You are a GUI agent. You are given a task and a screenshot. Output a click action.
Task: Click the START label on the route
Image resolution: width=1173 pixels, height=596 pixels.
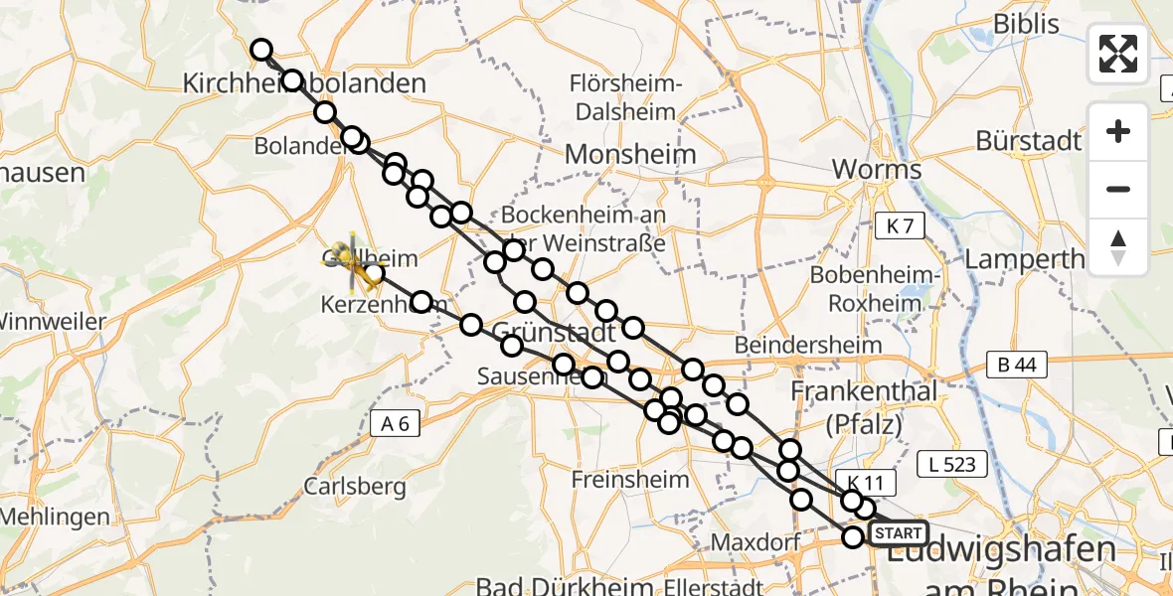coord(899,533)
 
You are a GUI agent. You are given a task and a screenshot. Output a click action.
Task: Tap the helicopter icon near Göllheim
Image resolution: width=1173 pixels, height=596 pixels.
coord(351,261)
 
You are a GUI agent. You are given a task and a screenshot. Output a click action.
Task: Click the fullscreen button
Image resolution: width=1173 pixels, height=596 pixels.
coord(1118,53)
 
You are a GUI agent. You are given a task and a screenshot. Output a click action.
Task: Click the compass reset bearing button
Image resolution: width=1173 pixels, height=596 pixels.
coord(1118,246)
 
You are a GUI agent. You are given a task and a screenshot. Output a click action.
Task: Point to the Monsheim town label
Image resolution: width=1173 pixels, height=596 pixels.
coord(630,154)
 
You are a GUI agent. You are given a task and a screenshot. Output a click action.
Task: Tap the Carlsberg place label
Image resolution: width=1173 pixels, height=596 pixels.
coord(355,487)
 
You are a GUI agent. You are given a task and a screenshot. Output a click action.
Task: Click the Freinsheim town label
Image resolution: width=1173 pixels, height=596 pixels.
coord(630,479)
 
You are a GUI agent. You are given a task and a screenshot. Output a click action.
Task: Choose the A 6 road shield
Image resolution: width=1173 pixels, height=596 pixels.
coord(395,424)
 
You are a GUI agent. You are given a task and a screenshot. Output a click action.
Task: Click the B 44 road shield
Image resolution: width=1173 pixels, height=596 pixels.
coord(1012,365)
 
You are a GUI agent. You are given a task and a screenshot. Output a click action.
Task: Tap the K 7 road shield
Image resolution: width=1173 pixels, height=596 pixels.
coord(900,226)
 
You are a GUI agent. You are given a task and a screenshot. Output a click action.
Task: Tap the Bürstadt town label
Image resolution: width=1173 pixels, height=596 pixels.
coord(1028,141)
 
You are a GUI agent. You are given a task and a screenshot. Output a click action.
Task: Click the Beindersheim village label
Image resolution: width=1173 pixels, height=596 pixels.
coord(808,345)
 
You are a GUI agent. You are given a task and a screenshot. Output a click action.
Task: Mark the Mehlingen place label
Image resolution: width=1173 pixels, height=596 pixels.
coord(55,517)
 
